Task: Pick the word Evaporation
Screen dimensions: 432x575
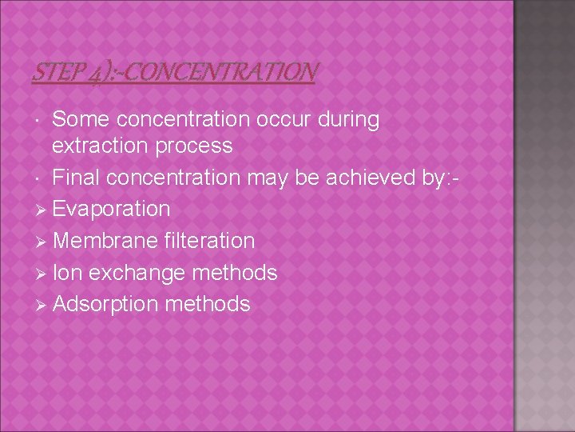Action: tap(112, 209)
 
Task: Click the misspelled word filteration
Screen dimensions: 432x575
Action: tap(209, 241)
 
